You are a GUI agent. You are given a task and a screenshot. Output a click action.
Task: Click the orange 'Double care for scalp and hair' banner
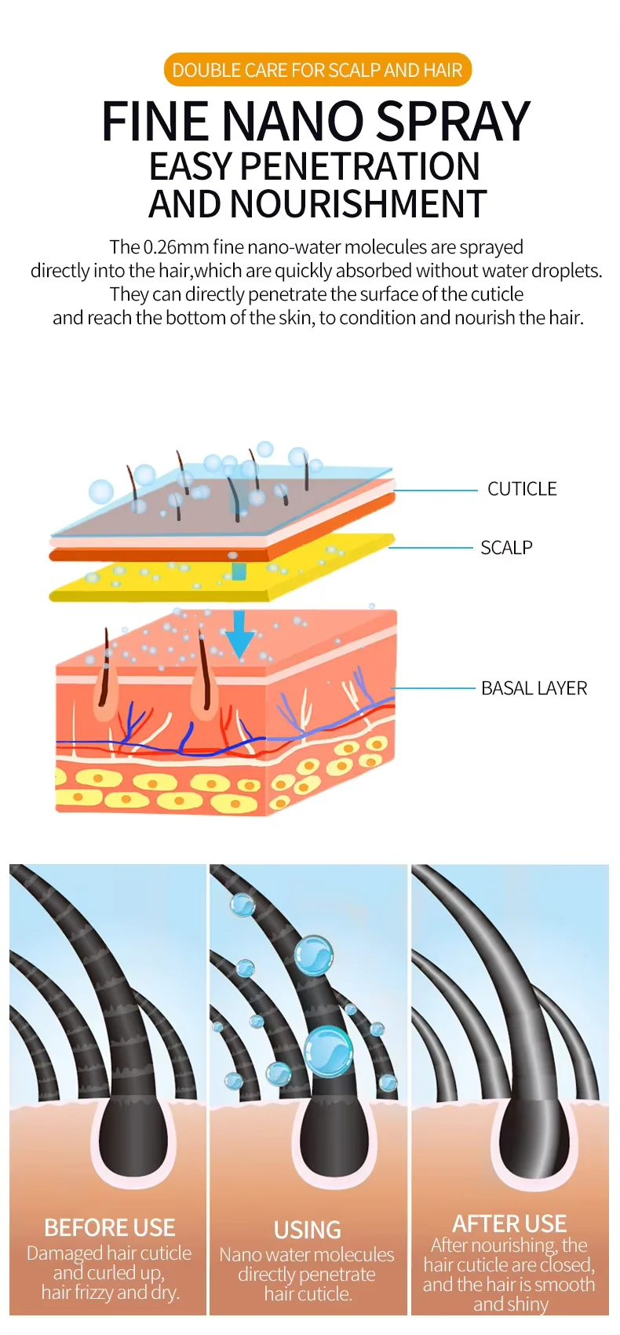pyautogui.click(x=317, y=70)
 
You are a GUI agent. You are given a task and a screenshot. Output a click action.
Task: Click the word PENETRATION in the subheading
pyautogui.click(x=359, y=166)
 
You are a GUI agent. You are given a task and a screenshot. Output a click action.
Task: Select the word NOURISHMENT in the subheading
pyautogui.click(x=359, y=204)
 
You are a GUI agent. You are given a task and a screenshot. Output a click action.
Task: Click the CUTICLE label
pyautogui.click(x=522, y=489)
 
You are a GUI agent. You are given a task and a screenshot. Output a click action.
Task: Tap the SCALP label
pyautogui.click(x=506, y=548)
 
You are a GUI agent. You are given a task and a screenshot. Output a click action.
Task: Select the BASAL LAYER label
pyautogui.click(x=534, y=688)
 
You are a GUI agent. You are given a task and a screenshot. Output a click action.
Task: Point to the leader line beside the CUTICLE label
pyautogui.click(x=436, y=490)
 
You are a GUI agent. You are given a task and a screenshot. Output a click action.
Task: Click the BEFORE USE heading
pyautogui.click(x=110, y=1227)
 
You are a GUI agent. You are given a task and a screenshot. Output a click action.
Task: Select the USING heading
pyautogui.click(x=308, y=1230)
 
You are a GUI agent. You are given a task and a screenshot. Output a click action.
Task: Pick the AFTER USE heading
pyautogui.click(x=509, y=1224)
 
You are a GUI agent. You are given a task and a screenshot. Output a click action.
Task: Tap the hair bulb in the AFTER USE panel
pyautogui.click(x=533, y=1137)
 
